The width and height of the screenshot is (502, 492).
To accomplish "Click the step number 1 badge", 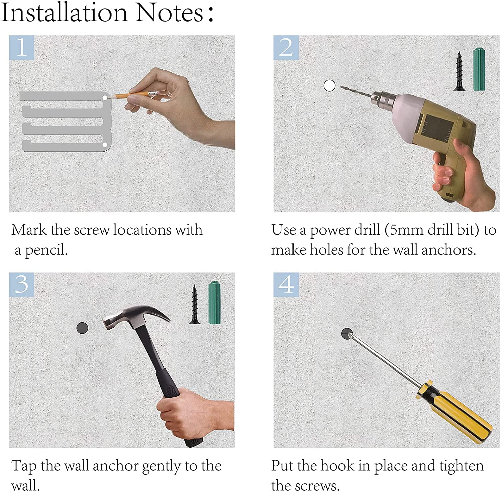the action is [21, 48].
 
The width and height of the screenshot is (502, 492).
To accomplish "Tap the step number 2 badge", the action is [286, 48].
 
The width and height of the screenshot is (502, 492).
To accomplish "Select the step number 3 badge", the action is [21, 284].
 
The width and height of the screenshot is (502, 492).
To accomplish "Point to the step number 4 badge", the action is [286, 284].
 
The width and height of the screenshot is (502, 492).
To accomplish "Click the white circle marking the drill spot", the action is [329, 86].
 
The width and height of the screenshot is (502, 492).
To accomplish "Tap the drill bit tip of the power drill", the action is [341, 87].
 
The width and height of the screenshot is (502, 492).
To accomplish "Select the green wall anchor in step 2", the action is [479, 69].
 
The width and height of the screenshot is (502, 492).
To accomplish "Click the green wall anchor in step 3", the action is [215, 303].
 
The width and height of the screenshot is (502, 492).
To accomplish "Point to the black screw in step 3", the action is [194, 304].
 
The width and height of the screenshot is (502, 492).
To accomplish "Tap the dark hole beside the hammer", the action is [82, 328].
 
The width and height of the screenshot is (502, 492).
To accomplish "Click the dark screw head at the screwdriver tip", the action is [347, 334].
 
